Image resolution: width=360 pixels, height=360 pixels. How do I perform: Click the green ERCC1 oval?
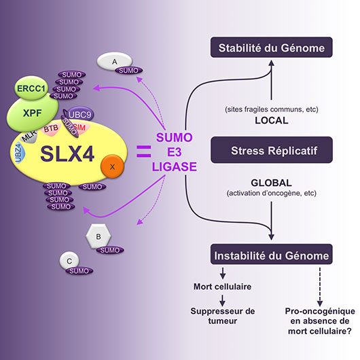pyautogui.click(x=31, y=88)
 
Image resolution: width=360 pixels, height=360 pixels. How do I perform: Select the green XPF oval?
pyautogui.click(x=33, y=113)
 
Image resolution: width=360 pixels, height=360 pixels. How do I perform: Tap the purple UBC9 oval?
pyautogui.click(x=80, y=114)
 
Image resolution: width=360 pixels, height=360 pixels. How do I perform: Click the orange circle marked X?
pyautogui.click(x=112, y=166)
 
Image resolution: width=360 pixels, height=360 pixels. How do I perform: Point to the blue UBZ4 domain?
pyautogui.click(x=18, y=153)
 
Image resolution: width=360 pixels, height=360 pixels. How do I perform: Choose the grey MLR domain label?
pyautogui.click(x=29, y=136)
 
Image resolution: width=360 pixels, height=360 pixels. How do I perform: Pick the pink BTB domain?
pyautogui.click(x=51, y=129)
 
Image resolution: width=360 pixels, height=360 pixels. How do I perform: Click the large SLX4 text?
pyautogui.click(x=67, y=154)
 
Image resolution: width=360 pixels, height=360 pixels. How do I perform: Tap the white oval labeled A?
pyautogui.click(x=114, y=61)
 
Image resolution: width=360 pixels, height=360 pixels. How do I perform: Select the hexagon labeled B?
pyautogui.click(x=98, y=236)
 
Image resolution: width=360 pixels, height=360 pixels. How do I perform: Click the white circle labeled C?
pyautogui.click(x=69, y=261)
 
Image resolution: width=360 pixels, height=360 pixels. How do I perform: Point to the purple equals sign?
pyautogui.click(x=144, y=151)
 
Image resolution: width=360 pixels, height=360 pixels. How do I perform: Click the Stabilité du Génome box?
pyautogui.click(x=272, y=48)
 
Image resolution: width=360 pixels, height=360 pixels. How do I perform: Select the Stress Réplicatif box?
pyautogui.click(x=272, y=150)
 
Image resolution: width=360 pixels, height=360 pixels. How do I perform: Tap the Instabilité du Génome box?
pyautogui.click(x=272, y=255)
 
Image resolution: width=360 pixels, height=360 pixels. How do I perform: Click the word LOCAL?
pyautogui.click(x=272, y=120)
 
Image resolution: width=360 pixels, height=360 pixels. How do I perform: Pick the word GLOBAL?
pyautogui.click(x=272, y=183)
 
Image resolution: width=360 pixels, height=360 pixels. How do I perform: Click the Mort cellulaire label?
pyautogui.click(x=223, y=287)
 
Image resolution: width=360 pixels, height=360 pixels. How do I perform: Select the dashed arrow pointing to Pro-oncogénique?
pyautogui.click(x=320, y=287)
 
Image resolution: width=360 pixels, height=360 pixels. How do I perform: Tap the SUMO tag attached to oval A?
pyautogui.click(x=129, y=71)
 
